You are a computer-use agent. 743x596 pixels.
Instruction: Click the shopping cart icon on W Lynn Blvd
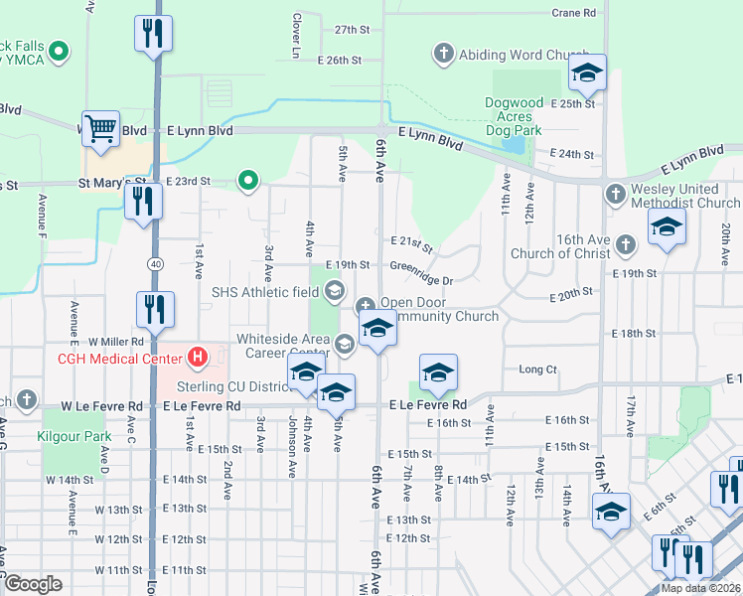click(101, 128)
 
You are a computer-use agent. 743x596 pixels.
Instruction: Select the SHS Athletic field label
click(263, 291)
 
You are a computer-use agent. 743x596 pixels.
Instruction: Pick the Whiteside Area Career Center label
click(283, 345)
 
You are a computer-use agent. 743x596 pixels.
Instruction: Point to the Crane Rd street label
click(573, 13)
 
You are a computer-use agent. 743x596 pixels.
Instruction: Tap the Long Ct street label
click(537, 370)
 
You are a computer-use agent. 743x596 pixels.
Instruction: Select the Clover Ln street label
click(296, 34)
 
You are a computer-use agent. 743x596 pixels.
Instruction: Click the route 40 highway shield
click(156, 263)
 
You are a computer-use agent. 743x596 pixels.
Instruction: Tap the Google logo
click(33, 584)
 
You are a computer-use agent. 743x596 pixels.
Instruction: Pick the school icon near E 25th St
click(587, 73)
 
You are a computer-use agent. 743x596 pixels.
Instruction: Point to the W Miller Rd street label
click(117, 342)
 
